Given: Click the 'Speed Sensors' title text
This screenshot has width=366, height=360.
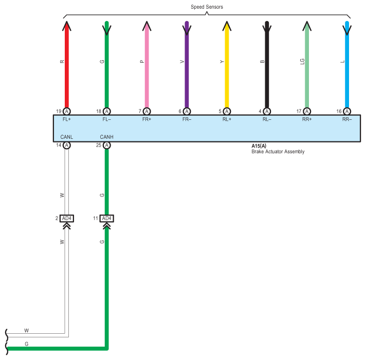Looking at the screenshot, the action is pos(207,7).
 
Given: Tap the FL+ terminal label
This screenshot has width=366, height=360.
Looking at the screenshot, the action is pos(67,119).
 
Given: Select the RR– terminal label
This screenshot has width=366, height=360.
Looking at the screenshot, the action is pos(347,119).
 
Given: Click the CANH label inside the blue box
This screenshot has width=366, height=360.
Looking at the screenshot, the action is pos(107,137).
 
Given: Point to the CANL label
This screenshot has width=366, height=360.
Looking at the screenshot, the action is pos(67,137).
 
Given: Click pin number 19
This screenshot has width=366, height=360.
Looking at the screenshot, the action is pos(59,112).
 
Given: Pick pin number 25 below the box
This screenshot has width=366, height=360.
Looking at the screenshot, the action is pos(99,145).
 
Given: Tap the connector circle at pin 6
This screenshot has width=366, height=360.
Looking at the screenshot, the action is pos(187,112).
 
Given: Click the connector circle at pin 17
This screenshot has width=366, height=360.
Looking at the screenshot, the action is pos(307,112).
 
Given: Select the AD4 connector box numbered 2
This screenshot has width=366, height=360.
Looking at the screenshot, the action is pos(67,218).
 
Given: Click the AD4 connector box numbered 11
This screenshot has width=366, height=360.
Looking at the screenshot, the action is pos(107,218).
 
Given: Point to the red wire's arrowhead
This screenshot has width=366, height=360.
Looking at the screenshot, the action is pos(67,26).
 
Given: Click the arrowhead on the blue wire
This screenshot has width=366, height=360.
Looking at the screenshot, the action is pos(347,30).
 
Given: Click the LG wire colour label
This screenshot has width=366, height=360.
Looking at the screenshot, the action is pos(302,62).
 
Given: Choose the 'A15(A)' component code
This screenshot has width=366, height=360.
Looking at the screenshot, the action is pos(259,146).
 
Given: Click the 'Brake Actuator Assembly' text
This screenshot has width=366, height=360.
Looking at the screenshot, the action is pos(278,152).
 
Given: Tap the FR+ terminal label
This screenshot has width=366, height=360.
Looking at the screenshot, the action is pos(147,119).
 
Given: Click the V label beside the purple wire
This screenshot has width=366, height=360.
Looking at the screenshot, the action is pos(182,62).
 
